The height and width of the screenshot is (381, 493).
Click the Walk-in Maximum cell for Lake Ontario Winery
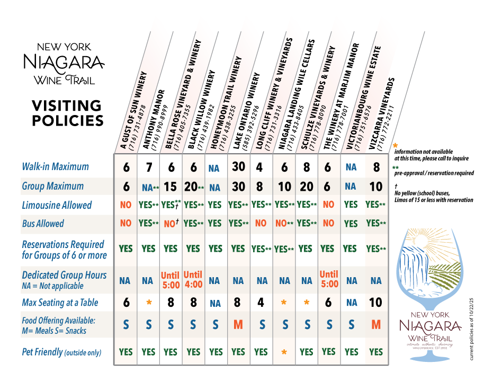click(238, 166)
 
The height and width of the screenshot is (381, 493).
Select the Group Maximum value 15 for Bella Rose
click(171, 187)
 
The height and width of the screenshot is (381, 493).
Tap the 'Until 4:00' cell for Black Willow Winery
click(193, 279)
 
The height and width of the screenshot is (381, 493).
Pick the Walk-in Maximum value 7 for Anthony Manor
click(149, 167)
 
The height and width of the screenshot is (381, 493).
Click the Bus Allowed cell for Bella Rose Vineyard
click(171, 224)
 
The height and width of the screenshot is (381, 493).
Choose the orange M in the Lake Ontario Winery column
click(238, 324)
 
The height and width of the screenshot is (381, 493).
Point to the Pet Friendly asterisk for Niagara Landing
click(285, 352)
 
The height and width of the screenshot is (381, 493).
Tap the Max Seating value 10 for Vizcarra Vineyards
click(376, 303)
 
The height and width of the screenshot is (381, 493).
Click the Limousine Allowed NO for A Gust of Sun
click(126, 205)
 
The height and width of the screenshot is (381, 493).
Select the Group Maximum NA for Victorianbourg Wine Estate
click(351, 187)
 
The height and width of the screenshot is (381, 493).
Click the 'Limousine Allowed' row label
click(57, 205)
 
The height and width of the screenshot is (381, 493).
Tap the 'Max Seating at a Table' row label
click(60, 303)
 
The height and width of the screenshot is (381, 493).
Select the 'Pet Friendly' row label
click(61, 352)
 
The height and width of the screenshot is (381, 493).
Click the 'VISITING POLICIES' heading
click(67, 113)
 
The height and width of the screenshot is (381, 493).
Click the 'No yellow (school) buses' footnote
click(429, 193)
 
